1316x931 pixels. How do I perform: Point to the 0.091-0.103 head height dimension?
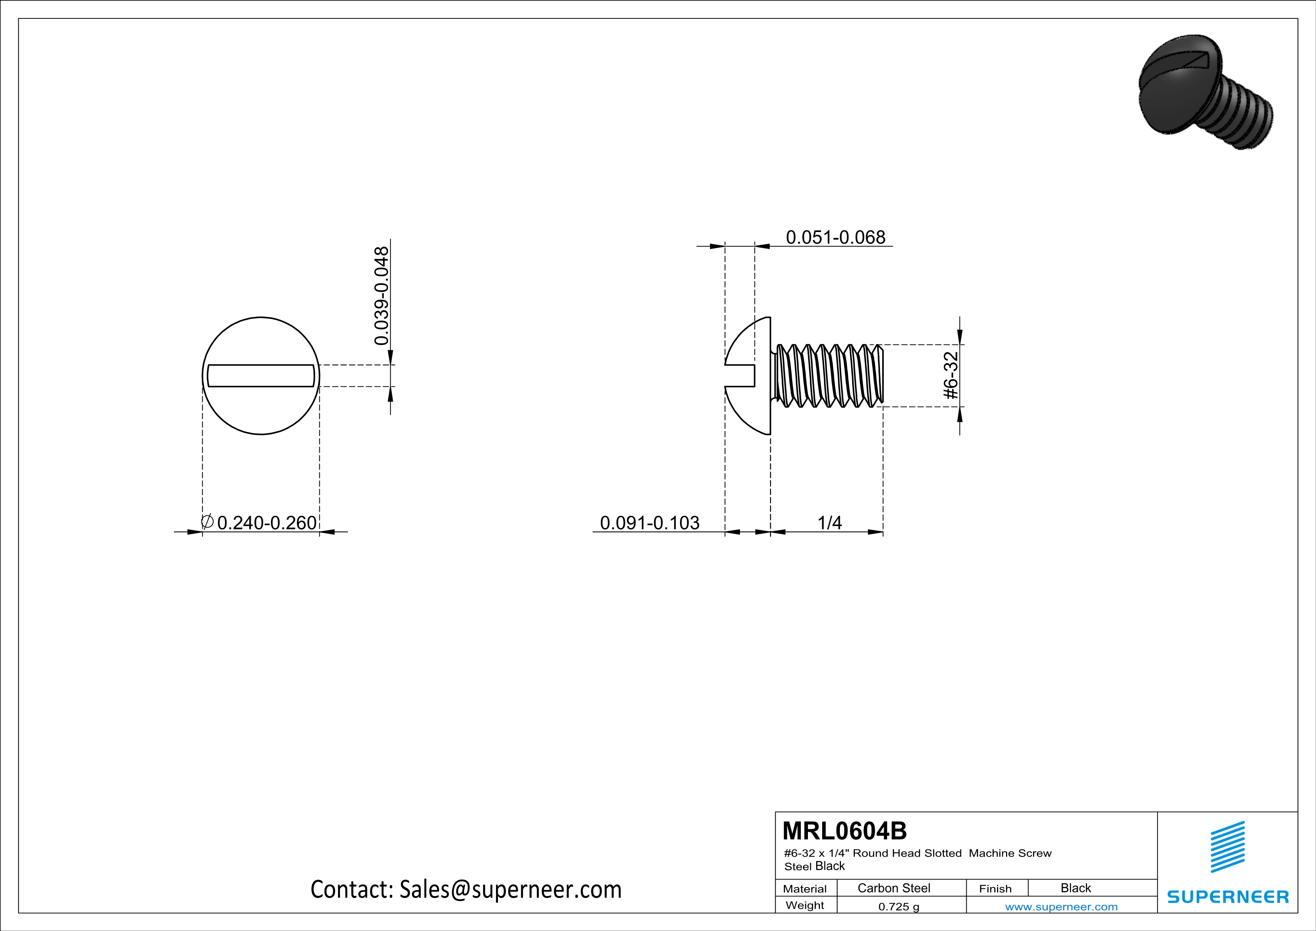coord(650,523)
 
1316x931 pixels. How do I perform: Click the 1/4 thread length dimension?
coord(829,523)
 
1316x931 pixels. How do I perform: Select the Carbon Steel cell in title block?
coord(893,888)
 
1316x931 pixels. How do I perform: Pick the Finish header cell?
coord(995,889)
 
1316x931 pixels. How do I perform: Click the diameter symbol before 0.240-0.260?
coord(208,522)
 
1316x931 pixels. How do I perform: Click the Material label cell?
coord(805,889)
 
